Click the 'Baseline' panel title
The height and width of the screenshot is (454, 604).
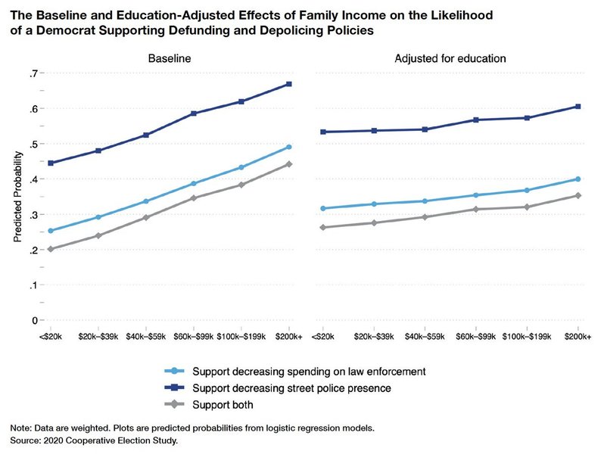tap(169, 58)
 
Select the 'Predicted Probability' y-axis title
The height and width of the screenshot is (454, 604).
tap(17, 197)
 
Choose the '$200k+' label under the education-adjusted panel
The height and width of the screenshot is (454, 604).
tap(578, 336)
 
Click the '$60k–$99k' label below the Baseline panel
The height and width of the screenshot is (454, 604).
tap(193, 336)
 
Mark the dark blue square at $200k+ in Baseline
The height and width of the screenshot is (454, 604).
tap(289, 84)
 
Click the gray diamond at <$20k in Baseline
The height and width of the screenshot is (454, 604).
tap(50, 249)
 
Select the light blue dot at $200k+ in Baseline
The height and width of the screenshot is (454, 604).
tap(289, 147)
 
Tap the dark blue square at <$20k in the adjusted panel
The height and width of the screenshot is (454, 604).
tap(323, 132)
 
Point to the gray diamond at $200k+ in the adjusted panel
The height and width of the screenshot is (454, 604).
tap(578, 195)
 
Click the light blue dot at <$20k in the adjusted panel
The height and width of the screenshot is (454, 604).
tap(323, 208)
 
